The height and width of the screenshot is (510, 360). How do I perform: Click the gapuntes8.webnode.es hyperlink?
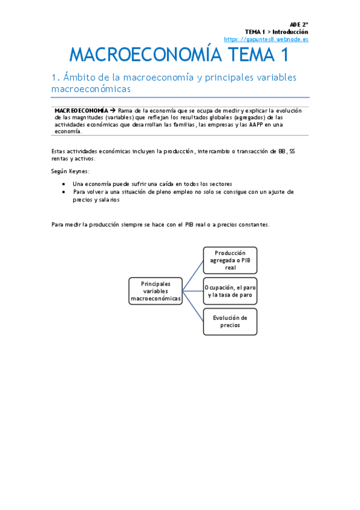click(x=266, y=39)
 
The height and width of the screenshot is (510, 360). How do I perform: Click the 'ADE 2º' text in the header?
click(x=299, y=25)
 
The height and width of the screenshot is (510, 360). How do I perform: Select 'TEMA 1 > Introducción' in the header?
click(x=276, y=32)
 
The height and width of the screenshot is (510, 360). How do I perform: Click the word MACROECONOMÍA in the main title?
click(x=142, y=55)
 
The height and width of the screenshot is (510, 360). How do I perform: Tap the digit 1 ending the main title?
click(x=283, y=55)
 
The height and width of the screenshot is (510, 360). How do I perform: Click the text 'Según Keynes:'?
click(x=70, y=171)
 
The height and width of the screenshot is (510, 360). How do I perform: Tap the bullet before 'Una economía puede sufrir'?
click(x=64, y=184)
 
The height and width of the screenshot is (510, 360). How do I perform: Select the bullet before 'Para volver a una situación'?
click(x=64, y=192)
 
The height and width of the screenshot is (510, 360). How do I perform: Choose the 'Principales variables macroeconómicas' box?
click(x=156, y=291)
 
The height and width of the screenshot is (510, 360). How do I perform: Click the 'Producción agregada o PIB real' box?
click(x=230, y=260)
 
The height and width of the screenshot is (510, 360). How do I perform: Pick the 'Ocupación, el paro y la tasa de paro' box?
click(x=230, y=292)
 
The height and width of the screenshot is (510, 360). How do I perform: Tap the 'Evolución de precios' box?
click(x=230, y=321)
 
